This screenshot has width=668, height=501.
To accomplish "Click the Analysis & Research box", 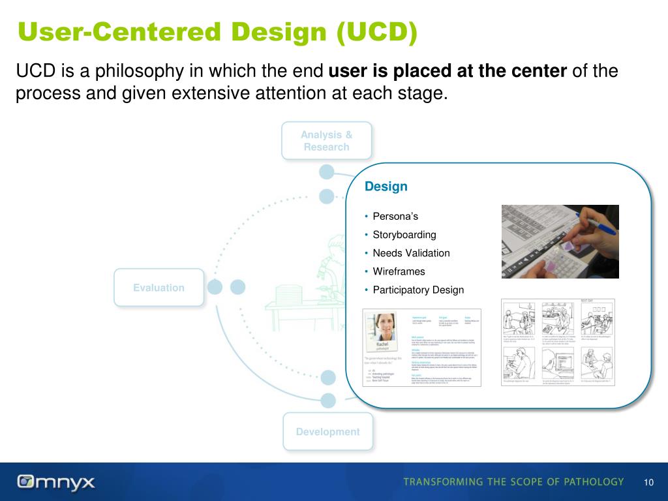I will pos(326,141).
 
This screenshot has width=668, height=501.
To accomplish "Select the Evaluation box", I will pos(159,288).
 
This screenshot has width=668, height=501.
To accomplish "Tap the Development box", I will pos(327,432).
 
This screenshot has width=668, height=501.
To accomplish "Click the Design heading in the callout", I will pos(386,187).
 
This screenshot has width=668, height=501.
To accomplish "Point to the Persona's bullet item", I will pos(395,217).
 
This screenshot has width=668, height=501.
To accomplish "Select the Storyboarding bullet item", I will pos(404,235).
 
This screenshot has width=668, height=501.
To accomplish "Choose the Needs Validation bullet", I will pos(411,253).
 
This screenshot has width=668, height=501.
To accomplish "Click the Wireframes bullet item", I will pos(399,271).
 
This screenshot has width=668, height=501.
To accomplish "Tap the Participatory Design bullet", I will pos(418,290).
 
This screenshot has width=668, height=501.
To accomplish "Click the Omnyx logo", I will pos(56,482).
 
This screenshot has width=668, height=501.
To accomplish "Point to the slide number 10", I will pos(648,482).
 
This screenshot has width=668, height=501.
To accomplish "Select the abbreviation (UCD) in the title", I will pos(377,33).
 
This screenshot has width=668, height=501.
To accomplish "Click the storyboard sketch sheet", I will pos(558,342).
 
